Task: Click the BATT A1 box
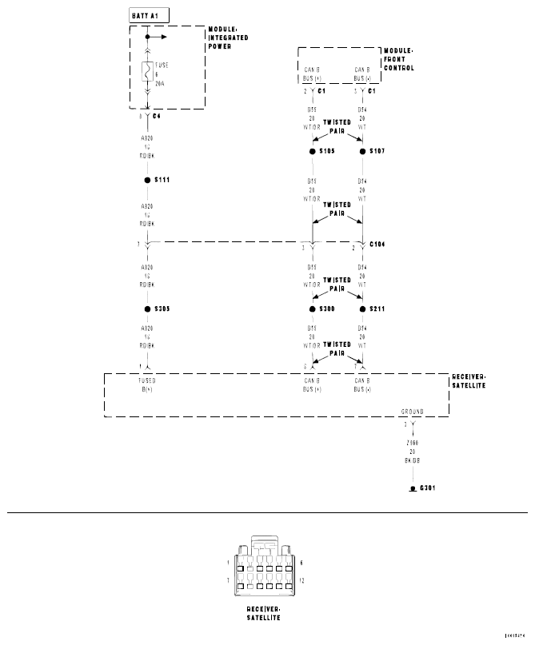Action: (148, 15)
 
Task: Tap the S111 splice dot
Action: (148, 181)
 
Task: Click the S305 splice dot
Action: (148, 309)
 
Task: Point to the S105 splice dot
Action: (312, 150)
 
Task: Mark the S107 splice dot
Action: (361, 150)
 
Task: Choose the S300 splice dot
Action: (312, 309)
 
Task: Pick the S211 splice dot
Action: (361, 309)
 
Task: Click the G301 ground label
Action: (427, 488)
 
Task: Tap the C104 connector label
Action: (377, 245)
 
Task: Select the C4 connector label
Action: (157, 117)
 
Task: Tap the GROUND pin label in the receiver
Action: (413, 412)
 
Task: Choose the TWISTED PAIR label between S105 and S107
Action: (336, 125)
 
